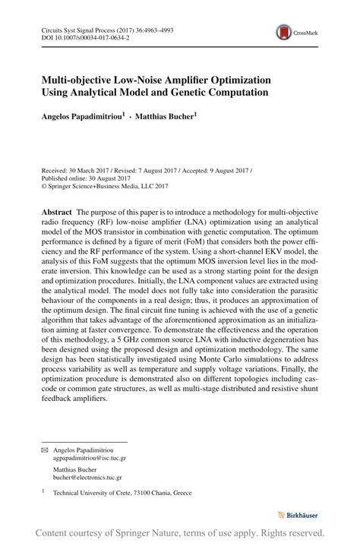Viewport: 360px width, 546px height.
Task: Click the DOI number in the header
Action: (88, 36)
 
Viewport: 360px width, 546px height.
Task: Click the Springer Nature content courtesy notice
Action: (180, 534)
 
